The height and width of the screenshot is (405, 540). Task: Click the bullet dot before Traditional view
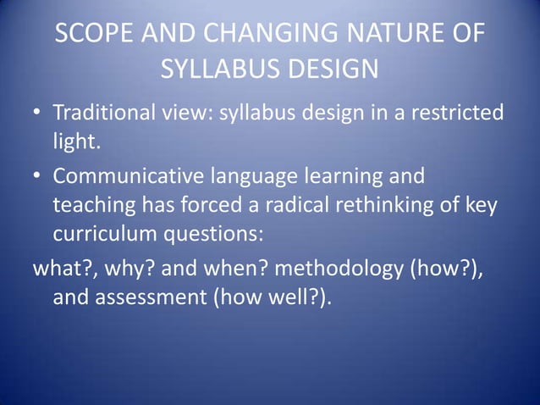pyautogui.click(x=39, y=113)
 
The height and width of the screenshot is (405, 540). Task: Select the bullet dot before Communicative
pyautogui.click(x=39, y=177)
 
